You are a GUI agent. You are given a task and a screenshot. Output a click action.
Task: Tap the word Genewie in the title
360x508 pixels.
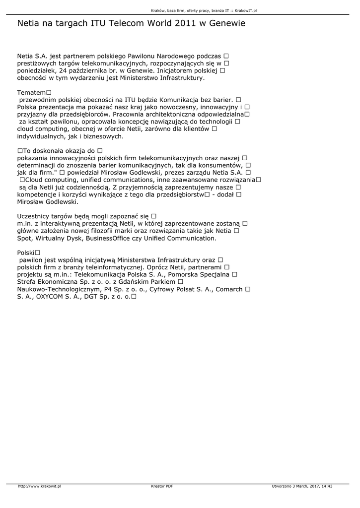coord(226,23)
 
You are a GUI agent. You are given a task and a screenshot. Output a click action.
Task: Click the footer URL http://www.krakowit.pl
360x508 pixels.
coord(39,486)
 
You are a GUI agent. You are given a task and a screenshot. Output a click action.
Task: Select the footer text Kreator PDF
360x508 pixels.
coord(162,486)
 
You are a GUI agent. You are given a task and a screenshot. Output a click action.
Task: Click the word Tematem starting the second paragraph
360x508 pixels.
coord(31,93)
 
